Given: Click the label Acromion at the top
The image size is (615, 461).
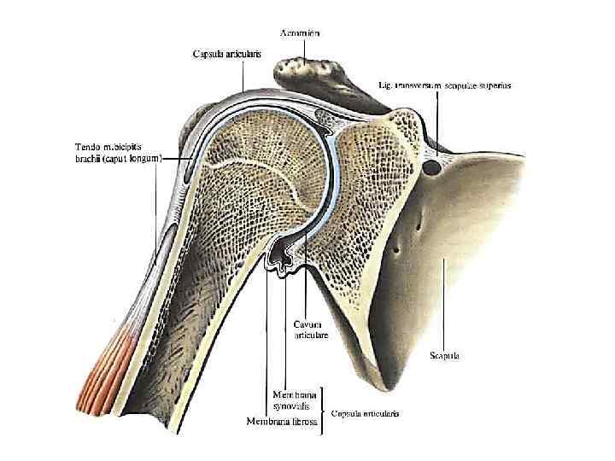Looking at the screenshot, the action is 300,32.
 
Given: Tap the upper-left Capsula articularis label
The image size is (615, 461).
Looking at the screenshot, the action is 225,54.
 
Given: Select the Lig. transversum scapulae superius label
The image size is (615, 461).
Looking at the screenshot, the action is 444,86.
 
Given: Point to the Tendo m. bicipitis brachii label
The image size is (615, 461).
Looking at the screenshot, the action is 112,153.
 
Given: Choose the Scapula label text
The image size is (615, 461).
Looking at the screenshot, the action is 445,355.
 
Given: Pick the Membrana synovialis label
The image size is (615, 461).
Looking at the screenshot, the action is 293,400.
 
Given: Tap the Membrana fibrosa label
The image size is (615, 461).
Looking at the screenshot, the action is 281,421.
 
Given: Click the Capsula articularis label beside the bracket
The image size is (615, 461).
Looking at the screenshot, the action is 365,413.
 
